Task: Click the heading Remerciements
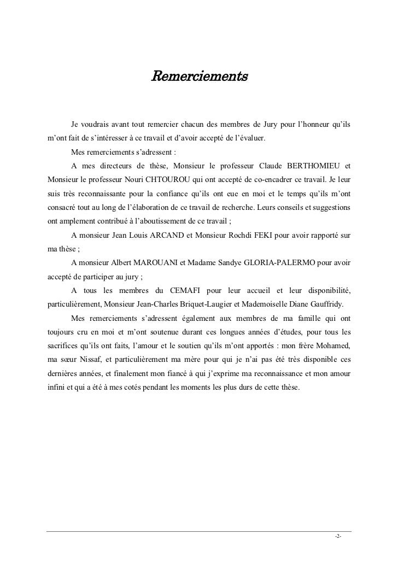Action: tap(199, 74)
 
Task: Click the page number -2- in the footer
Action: tap(338, 537)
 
